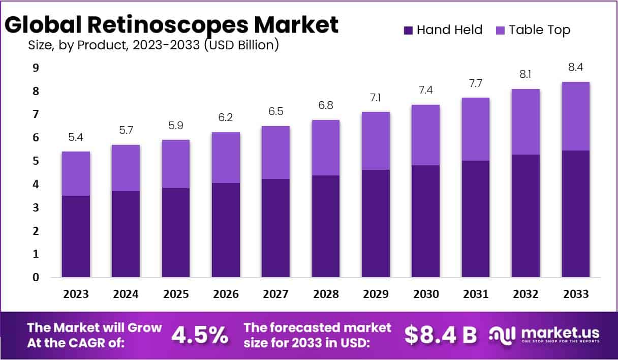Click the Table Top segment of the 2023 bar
[x=76, y=173]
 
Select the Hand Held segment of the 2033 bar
[x=575, y=214]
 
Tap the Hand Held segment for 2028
[x=326, y=226]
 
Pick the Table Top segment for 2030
[x=425, y=135]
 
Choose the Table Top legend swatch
[x=500, y=31]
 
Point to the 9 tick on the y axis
[x=36, y=68]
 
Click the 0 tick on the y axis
[x=36, y=278]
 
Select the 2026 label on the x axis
[x=226, y=294]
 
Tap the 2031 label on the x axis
[x=475, y=294]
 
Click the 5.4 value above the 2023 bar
[x=76, y=137]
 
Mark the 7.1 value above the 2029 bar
[x=376, y=98]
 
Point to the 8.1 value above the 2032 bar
[x=526, y=75]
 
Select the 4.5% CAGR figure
[x=199, y=335]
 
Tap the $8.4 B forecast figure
[x=441, y=335]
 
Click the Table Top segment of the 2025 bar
[x=176, y=164]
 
